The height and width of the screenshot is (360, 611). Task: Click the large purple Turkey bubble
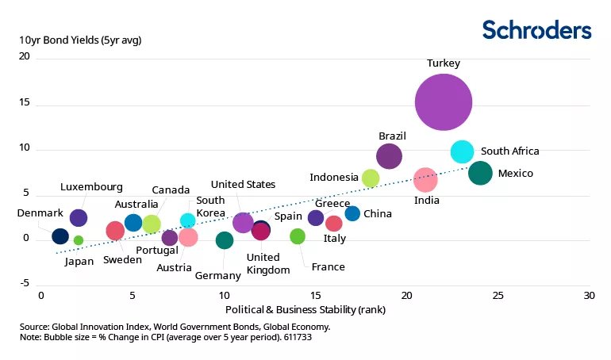(444, 101)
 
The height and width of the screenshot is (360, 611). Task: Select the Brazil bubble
(389, 156)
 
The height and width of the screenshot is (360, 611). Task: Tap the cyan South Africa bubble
(462, 151)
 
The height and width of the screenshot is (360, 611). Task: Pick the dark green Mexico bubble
(480, 173)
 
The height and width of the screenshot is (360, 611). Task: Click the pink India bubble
(425, 180)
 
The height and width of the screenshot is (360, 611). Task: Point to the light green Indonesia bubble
(371, 178)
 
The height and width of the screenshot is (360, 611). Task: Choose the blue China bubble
(352, 213)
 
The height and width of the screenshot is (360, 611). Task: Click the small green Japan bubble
(78, 240)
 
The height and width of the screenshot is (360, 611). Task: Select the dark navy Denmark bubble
(60, 236)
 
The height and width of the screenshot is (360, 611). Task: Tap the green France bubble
(298, 236)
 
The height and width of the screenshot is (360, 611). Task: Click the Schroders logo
(536, 30)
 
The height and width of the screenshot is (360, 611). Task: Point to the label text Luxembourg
(91, 187)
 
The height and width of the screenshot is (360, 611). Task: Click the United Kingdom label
(263, 263)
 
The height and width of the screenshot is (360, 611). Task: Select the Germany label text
(217, 275)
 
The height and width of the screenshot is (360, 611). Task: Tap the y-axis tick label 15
(23, 102)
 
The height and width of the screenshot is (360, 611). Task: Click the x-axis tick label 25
(497, 295)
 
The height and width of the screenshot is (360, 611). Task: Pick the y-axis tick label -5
(24, 283)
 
